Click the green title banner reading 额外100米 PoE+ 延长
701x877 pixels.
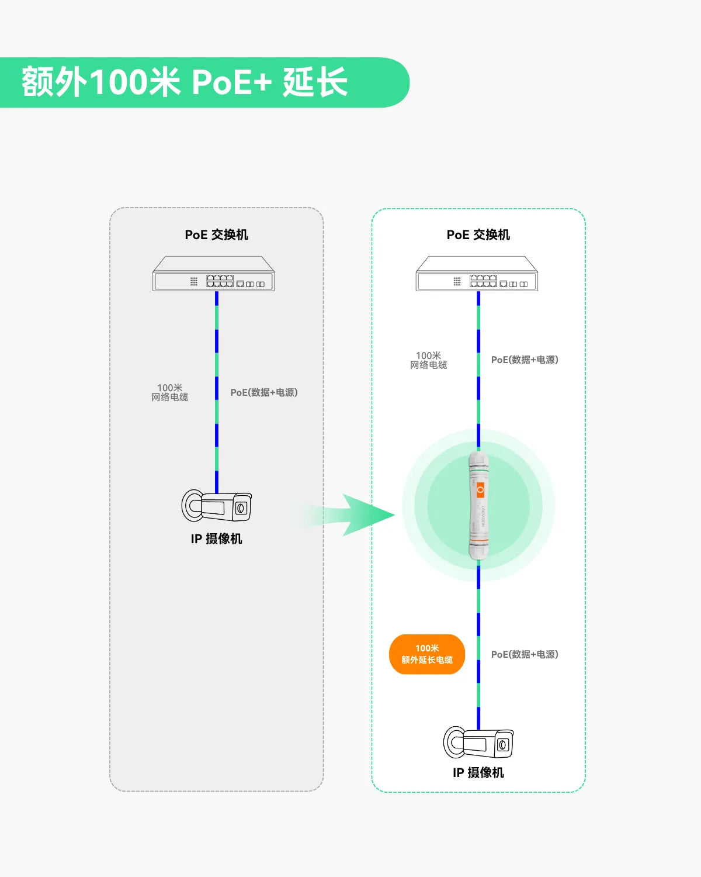pos(204,82)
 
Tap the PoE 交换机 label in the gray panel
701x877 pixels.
pos(216,234)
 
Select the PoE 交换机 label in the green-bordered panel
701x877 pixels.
pos(478,234)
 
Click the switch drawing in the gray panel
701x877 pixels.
pos(213,274)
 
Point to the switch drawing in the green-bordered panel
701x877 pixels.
pos(477,274)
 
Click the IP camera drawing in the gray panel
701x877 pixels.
pos(216,505)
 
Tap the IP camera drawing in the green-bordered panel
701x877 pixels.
pos(478,742)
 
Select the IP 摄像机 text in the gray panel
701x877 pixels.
pos(216,538)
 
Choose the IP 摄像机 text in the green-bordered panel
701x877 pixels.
pos(478,773)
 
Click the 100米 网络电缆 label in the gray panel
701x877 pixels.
pos(170,392)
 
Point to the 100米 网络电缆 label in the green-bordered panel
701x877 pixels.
pos(429,360)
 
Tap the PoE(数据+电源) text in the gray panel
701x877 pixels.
pos(264,392)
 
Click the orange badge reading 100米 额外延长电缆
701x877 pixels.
pos(427,654)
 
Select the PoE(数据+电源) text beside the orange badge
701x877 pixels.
pos(525,654)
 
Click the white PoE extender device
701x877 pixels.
pos(478,505)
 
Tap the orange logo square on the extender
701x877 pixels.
pos(480,490)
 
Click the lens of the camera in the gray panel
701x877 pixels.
pos(241,507)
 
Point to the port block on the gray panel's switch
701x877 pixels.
pos(220,281)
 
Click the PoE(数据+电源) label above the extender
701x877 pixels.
pos(525,360)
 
